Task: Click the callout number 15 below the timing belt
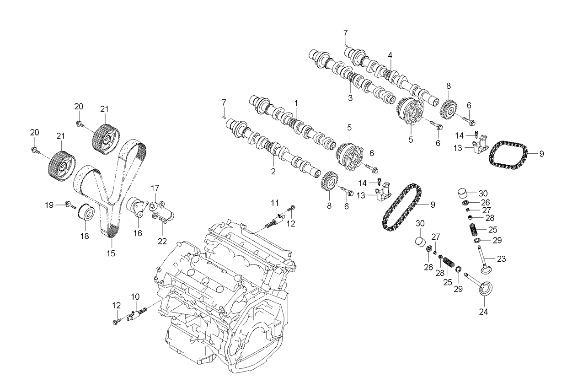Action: click(111, 252)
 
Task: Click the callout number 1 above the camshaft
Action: click(296, 104)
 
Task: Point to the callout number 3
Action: click(350, 98)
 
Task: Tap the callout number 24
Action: click(483, 313)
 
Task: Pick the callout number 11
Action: click(274, 203)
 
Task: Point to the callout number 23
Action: click(502, 259)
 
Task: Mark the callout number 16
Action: click(138, 233)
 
